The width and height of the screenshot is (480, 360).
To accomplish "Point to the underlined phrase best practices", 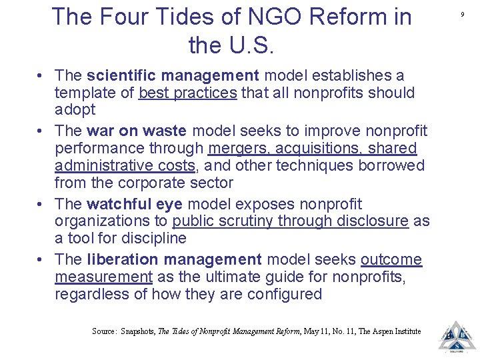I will point(187,93).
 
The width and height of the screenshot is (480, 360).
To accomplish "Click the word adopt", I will point(75,109).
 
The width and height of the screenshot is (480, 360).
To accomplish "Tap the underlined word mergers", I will point(239,148).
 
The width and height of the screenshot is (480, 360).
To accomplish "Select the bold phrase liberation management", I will point(174,259).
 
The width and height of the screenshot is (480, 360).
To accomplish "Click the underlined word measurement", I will point(103,277).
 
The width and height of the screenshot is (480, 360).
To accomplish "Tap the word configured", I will point(283,294).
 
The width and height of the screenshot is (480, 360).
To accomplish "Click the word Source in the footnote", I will point(103,331).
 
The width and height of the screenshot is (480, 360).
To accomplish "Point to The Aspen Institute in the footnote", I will point(391,331).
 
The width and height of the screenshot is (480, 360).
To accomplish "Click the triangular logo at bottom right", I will point(457,335).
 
